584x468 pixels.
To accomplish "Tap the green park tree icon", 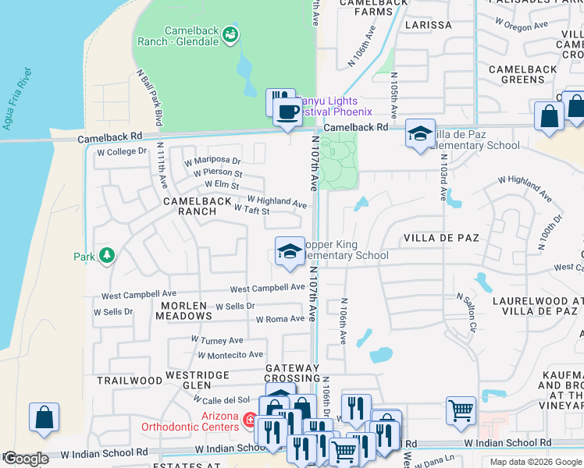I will pos(106,255).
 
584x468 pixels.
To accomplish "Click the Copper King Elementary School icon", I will pos(290,251).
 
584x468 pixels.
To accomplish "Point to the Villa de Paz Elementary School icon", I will pos(420,133).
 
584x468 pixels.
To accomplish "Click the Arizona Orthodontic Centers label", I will pos(190,421).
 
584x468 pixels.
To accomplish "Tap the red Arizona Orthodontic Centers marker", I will pos(250,421).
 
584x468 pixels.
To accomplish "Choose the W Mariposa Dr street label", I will pos(212,161).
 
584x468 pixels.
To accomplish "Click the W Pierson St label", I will pos(213,172).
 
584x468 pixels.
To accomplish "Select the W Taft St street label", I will pos(251,211).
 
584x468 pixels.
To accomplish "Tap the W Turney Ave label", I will pos(217,340).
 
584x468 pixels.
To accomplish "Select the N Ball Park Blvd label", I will pos(149,97).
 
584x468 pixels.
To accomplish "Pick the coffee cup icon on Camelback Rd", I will pos(287,112).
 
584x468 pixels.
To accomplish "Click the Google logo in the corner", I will pos(25,459).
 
